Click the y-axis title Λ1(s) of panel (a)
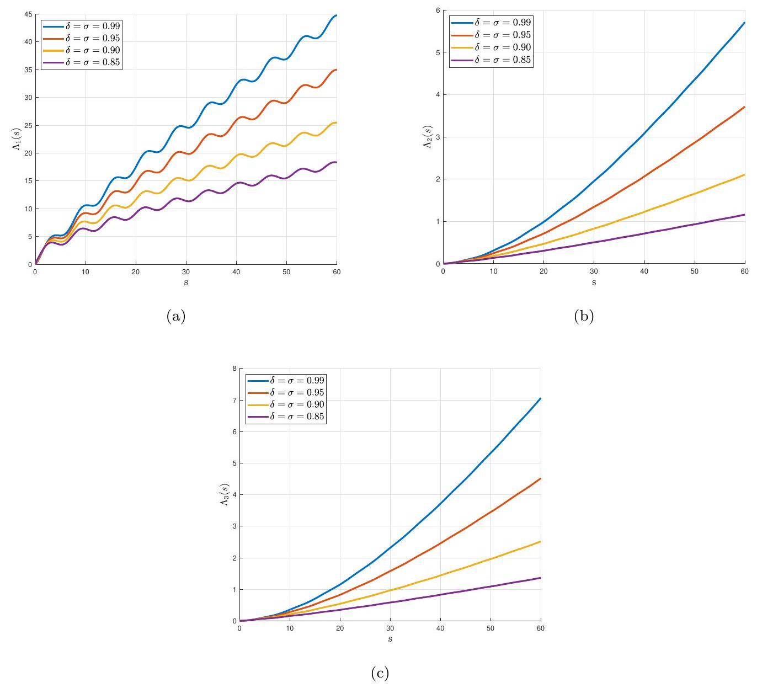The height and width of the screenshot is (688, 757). [20, 140]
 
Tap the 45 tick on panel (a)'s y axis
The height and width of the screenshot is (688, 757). [28, 14]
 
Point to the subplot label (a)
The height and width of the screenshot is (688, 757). [175, 316]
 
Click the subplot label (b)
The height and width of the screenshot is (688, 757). [584, 316]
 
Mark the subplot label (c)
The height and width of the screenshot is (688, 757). [380, 673]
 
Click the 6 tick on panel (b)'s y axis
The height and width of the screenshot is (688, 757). [438, 10]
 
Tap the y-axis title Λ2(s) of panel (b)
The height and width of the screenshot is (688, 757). [428, 137]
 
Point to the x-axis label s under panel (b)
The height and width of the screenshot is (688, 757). [594, 282]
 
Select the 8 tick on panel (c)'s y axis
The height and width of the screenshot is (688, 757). [234, 368]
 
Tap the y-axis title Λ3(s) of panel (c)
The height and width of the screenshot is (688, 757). [224, 494]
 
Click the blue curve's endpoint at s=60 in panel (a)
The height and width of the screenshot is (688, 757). [336, 15]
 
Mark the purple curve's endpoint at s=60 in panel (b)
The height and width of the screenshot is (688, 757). [744, 215]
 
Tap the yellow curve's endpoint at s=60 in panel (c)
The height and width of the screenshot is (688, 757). [540, 542]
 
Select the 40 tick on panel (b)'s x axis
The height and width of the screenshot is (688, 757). [644, 271]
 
